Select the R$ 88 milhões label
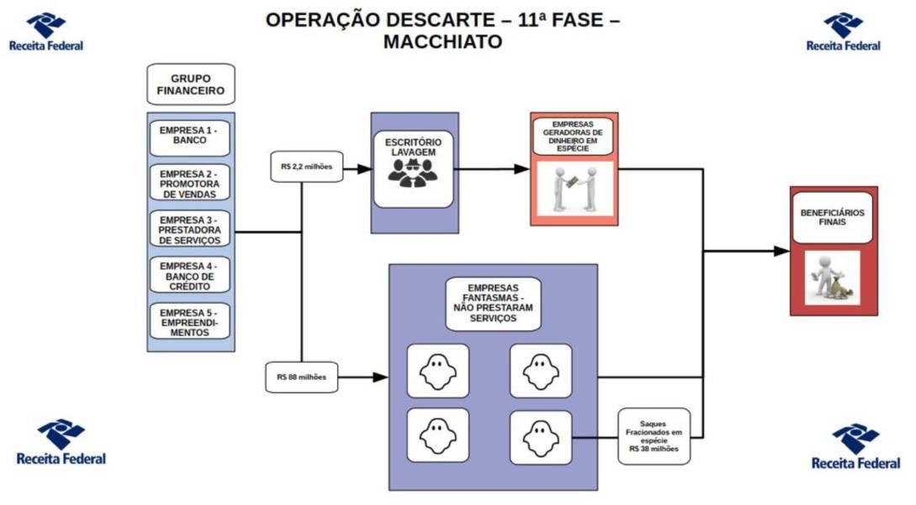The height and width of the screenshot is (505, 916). click(x=301, y=377)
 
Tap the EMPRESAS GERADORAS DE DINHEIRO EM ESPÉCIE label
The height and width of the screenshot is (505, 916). click(x=573, y=136)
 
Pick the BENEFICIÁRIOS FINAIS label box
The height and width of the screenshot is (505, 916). click(x=832, y=218)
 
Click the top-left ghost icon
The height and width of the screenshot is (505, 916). click(x=437, y=370)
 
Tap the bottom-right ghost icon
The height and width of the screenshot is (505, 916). click(x=540, y=437)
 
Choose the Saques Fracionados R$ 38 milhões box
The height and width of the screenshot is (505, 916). click(x=654, y=436)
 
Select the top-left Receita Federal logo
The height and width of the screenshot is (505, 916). click(x=45, y=32)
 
